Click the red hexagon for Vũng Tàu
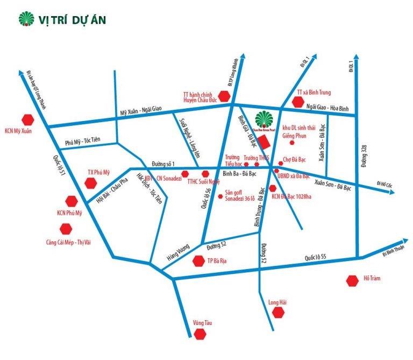click(x=200, y=335)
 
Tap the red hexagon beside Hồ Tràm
click(x=353, y=280)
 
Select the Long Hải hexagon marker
click(x=278, y=313)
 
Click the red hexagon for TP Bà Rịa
click(x=198, y=262)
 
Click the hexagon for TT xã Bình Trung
click(x=297, y=102)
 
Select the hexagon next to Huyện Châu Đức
click(x=225, y=96)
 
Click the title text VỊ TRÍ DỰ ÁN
click(x=72, y=20)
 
